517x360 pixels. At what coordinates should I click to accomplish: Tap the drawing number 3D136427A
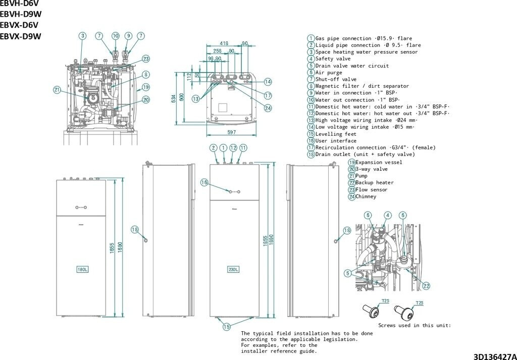tap(494, 356)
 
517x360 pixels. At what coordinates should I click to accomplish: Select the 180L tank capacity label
tap(82, 269)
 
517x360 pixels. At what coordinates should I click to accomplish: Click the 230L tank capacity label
tap(233, 269)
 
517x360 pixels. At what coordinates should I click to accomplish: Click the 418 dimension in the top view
tap(224, 44)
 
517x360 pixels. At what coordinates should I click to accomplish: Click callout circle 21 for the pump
tap(57, 90)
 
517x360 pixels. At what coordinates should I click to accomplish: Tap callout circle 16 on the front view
tap(204, 182)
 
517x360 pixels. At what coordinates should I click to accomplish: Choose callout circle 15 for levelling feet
tap(227, 327)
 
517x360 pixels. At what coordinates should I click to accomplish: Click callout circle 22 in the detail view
tap(426, 286)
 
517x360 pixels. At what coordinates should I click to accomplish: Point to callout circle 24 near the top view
tap(268, 108)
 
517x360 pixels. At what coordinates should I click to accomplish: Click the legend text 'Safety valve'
tap(333, 59)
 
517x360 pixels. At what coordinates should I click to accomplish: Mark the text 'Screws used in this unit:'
tap(415, 326)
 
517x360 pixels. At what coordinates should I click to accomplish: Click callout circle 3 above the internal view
tap(82, 36)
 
